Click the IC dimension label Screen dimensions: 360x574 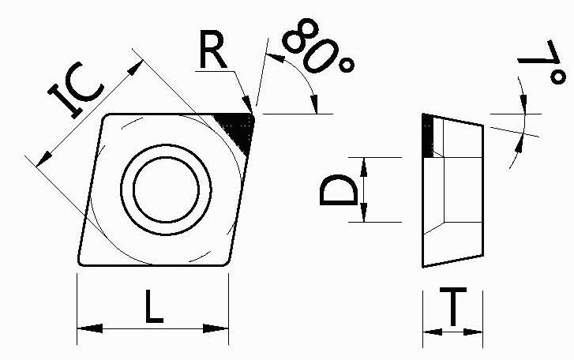click(77, 92)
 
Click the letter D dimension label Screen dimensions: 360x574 click(337, 190)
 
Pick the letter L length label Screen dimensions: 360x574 click(154, 306)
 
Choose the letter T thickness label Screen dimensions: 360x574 click(452, 308)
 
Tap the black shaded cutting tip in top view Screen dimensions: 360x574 click(239, 128)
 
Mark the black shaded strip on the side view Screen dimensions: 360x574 click(427, 135)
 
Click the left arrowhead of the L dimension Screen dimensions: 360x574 click(88, 328)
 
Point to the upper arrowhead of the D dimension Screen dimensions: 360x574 click(364, 164)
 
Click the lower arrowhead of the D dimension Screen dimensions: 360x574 click(364, 214)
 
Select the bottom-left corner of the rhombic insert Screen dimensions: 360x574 click(81, 262)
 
